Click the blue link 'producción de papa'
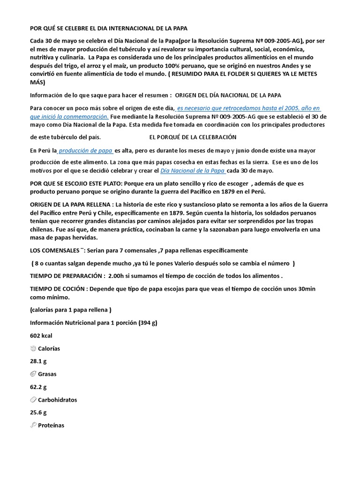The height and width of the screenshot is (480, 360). [86, 151]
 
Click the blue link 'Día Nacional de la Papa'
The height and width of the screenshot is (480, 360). [193, 171]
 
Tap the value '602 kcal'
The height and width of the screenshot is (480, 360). [41, 336]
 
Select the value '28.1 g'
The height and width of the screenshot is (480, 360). [38, 361]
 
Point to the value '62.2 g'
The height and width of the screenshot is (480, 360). [38, 387]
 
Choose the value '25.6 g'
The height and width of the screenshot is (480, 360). [38, 412]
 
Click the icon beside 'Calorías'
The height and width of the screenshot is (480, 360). [33, 349]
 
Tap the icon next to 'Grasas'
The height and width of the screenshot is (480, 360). [33, 374]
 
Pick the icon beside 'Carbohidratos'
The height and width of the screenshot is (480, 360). [33, 400]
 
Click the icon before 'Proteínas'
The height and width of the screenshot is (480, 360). [33, 425]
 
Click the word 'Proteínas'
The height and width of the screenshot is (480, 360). [51, 426]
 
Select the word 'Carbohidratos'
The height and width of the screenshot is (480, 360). [58, 400]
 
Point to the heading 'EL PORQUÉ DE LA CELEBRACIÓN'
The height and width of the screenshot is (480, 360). [193, 137]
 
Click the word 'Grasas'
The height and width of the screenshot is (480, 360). [48, 375]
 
